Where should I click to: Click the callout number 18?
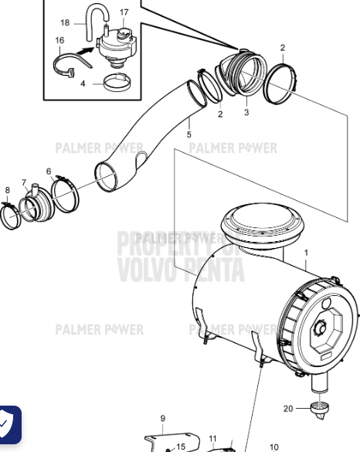pyautogui.click(x=65, y=23)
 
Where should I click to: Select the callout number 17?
pyautogui.click(x=124, y=12)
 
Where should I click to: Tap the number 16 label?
pyautogui.click(x=59, y=39)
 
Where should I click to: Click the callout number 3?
pyautogui.click(x=246, y=112)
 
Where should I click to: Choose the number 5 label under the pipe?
pyautogui.click(x=189, y=135)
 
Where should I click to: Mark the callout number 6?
pyautogui.click(x=49, y=172)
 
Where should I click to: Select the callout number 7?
pyautogui.click(x=24, y=183)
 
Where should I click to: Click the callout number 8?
pyautogui.click(x=7, y=190)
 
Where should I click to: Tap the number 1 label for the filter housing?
pyautogui.click(x=305, y=253)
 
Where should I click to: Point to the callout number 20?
pyautogui.click(x=287, y=408)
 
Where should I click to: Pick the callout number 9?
pyautogui.click(x=162, y=419)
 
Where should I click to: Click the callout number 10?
pyautogui.click(x=273, y=447)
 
